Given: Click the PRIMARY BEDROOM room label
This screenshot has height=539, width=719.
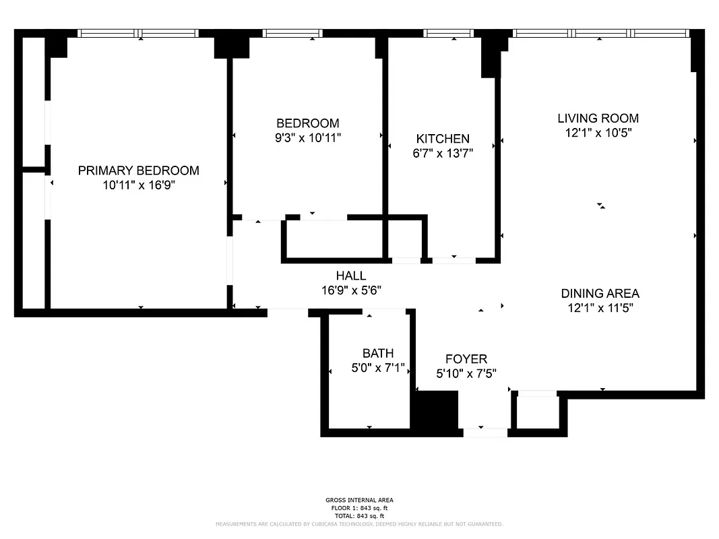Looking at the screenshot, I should click(138, 170).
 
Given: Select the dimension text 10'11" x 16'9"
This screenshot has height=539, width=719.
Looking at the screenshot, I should click(138, 185).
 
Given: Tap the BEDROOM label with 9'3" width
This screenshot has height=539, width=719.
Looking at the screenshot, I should click(307, 123).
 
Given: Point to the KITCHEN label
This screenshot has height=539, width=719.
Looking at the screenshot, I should click(442, 139).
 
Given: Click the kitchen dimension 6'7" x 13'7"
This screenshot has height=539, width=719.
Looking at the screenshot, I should click(442, 153).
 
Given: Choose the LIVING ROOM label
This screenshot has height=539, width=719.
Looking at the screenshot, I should click(598, 119).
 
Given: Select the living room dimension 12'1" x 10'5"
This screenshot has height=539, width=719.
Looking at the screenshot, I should click(598, 133).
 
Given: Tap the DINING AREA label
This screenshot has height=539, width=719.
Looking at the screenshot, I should click(600, 293).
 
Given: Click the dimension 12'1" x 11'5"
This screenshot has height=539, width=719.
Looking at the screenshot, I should click(600, 308).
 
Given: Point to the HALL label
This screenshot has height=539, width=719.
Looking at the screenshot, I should click(350, 276).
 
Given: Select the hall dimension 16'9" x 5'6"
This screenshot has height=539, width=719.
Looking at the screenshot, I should click(350, 290).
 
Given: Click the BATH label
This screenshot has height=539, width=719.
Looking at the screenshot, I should click(377, 354).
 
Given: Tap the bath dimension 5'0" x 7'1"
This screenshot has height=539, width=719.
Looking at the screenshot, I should click(377, 368).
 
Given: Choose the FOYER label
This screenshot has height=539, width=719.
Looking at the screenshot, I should click(466, 359).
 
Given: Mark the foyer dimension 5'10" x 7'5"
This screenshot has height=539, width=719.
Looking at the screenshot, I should click(466, 373).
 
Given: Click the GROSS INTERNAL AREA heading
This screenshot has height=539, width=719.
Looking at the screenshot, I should click(359, 501).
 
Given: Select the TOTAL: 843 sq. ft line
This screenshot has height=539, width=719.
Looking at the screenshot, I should click(359, 515).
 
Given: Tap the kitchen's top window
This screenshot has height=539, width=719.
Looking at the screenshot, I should click(448, 33).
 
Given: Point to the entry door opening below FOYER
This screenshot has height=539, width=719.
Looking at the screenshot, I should click(485, 432).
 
